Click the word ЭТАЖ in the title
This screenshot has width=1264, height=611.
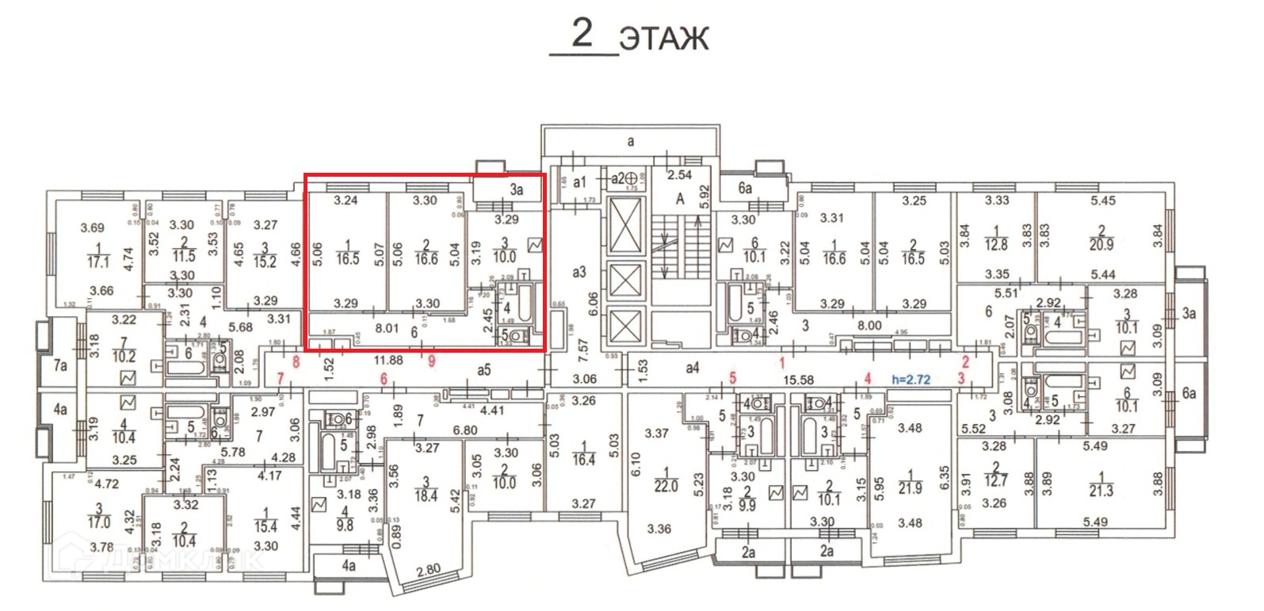663,39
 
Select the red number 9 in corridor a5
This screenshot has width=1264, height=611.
431,361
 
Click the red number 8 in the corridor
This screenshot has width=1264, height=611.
296,362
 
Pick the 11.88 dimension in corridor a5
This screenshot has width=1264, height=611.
388,361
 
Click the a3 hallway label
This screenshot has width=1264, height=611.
579,272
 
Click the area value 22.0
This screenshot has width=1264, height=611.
666,486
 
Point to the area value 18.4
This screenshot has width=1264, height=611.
426,495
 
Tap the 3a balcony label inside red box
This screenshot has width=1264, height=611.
517,189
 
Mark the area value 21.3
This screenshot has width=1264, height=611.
1102,491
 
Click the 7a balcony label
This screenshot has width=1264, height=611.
59,366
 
